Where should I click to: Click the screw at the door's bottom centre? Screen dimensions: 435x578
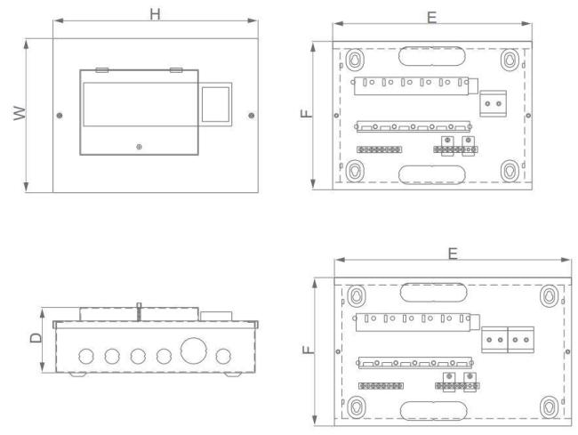coord(138,146)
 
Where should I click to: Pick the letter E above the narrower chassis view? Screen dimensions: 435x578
coord(432,18)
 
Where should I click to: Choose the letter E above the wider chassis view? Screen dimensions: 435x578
coord(453,254)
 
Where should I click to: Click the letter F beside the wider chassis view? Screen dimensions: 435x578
coord(306,350)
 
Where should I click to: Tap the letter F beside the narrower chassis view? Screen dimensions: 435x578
coord(306,114)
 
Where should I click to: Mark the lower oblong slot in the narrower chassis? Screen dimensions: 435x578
coord(428,172)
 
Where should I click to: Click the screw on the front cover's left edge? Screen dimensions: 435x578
coord(60,116)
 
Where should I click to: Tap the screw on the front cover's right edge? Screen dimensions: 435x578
coord(252,116)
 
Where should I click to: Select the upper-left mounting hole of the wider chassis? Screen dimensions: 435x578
coord(356,295)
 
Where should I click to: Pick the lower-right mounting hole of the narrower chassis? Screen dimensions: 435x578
coord(510,170)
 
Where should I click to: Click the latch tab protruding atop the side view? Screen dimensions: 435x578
coord(139,309)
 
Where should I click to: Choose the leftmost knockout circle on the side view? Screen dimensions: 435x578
coord(85,356)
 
